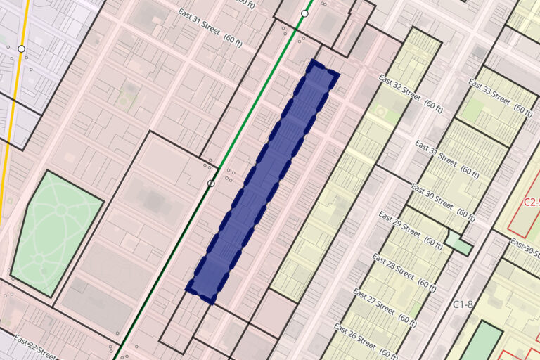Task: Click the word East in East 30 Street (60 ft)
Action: (420, 191)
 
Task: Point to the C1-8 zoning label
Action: (462, 304)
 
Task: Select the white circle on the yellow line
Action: (21, 49)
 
